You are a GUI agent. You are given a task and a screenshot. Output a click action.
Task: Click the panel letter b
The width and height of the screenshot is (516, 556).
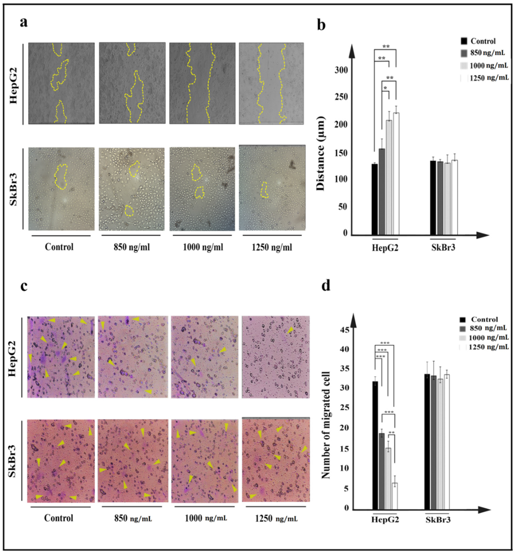pyautogui.click(x=321, y=25)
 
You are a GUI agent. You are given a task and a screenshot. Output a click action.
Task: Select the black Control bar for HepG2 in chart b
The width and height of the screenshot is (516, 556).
pyautogui.click(x=374, y=199)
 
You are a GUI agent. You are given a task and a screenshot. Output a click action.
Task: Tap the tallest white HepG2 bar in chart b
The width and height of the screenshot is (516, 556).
pyautogui.click(x=396, y=173)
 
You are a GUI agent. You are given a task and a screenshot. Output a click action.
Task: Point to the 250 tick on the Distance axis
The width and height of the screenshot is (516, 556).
pyautogui.click(x=341, y=97)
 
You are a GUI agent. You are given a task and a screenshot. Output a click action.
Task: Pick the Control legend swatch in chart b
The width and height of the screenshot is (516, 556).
pyautogui.click(x=464, y=41)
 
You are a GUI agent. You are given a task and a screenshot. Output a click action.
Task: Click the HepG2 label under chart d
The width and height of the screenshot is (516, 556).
pyautogui.click(x=385, y=520)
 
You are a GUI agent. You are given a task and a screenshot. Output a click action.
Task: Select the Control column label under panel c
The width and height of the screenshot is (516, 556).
pyautogui.click(x=59, y=518)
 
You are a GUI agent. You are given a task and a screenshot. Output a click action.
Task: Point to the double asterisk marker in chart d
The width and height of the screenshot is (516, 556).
pyautogui.click(x=391, y=433)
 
